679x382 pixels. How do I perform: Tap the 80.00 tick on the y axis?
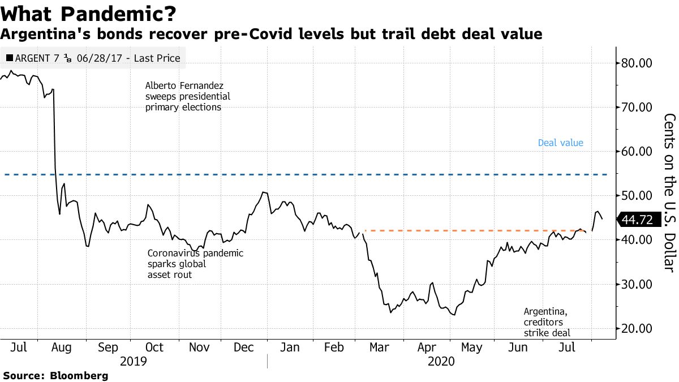[x=637, y=63]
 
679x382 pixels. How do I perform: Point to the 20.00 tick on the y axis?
[x=637, y=328]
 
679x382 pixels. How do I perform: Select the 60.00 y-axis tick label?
[x=637, y=151]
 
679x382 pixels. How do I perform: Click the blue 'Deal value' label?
[x=560, y=143]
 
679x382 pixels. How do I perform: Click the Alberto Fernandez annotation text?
[x=187, y=96]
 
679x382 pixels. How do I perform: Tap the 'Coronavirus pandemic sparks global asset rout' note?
[x=195, y=264]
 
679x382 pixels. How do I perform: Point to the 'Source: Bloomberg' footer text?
[x=55, y=375]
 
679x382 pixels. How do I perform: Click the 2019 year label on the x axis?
[x=134, y=360]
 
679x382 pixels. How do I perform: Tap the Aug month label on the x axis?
[x=61, y=347]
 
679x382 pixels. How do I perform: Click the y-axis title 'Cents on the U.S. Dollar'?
[x=669, y=192]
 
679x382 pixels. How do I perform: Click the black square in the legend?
[x=10, y=58]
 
